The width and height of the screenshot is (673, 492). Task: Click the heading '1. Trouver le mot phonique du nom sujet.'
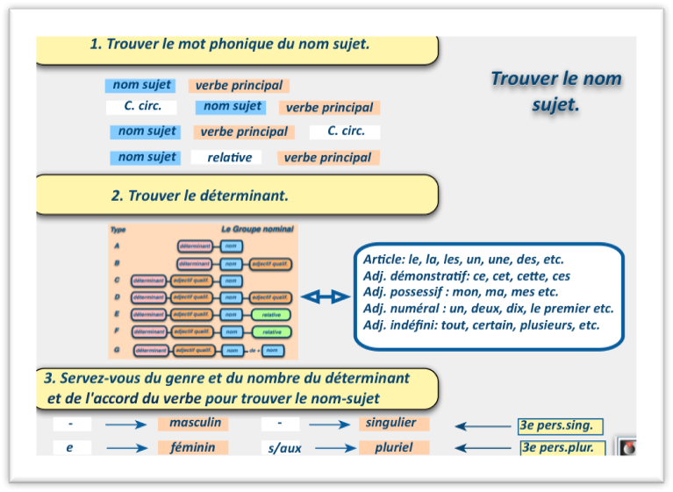(229, 44)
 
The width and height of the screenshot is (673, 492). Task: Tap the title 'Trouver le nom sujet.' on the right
(555, 91)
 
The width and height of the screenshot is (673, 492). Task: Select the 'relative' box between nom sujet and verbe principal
(229, 158)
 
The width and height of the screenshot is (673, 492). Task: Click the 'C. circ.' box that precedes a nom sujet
(140, 107)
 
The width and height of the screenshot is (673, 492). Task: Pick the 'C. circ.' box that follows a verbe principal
(345, 132)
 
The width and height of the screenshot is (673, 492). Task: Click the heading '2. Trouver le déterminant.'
(200, 196)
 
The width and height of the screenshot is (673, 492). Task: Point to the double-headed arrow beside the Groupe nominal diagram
(325, 297)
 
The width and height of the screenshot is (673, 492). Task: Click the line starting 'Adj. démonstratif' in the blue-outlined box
(467, 276)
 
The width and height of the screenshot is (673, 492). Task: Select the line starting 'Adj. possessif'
(461, 292)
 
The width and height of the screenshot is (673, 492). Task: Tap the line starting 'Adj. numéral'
(488, 308)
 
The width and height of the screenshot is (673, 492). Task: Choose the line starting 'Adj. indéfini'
(481, 324)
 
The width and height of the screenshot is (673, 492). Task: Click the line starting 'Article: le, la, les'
(463, 260)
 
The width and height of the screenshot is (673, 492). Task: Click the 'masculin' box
(193, 423)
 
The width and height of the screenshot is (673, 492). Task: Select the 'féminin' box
(193, 447)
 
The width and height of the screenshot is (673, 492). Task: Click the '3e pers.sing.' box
(561, 426)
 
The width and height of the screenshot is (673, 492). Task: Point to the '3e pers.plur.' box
(562, 447)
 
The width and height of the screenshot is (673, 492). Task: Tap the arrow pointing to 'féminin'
(126, 448)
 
